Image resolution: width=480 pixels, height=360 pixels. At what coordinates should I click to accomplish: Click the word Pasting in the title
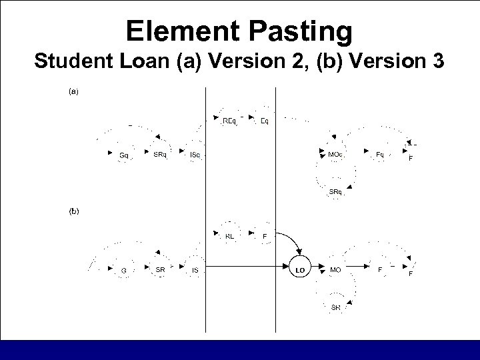point(297,31)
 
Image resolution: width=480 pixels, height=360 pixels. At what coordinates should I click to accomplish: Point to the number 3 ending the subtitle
point(438,62)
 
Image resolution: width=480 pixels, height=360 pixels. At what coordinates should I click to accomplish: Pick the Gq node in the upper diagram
point(124,155)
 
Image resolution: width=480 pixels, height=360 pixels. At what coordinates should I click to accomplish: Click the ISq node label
point(195,155)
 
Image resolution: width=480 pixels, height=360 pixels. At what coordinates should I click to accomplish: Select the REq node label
point(229,121)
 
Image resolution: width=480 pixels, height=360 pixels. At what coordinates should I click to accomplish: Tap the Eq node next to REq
point(265,121)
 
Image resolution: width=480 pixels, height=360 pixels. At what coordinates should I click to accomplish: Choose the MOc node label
point(336,155)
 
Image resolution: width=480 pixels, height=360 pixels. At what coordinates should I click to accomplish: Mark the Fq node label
point(380,155)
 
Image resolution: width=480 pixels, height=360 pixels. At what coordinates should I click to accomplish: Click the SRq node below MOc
point(336,192)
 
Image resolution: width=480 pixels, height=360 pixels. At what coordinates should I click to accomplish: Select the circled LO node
point(300,269)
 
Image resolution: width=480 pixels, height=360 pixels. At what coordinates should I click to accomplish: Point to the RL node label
point(229,235)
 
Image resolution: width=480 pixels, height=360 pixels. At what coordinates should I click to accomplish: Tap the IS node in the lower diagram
point(195,269)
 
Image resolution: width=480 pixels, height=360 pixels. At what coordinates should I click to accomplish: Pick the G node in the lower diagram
point(124,269)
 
